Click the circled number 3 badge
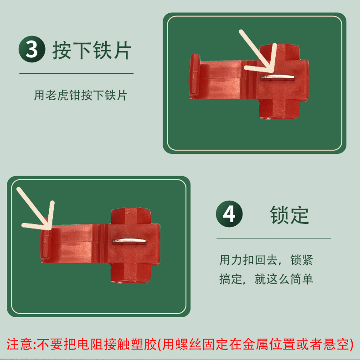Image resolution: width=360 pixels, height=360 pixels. click(32, 49)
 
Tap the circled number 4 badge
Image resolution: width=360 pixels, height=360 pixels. click(229, 214)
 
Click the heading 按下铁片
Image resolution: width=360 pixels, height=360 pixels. click(92, 50)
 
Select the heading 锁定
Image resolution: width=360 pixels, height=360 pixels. click(289, 215)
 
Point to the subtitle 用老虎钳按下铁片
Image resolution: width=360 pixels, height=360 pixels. click(81, 95)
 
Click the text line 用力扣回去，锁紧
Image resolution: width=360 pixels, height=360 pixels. click(266, 260)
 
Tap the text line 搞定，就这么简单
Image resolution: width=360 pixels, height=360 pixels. click(266, 279)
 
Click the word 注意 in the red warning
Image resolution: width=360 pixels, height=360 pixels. click(20, 345)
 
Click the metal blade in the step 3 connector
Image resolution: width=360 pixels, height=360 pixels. click(278, 78)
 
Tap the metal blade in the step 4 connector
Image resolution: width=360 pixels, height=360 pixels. click(129, 241)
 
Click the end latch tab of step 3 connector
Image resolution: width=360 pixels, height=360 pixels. click(195, 76)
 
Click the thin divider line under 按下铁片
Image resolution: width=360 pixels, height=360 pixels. click(76, 73)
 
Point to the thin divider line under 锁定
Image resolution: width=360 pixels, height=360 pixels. click(273, 238)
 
